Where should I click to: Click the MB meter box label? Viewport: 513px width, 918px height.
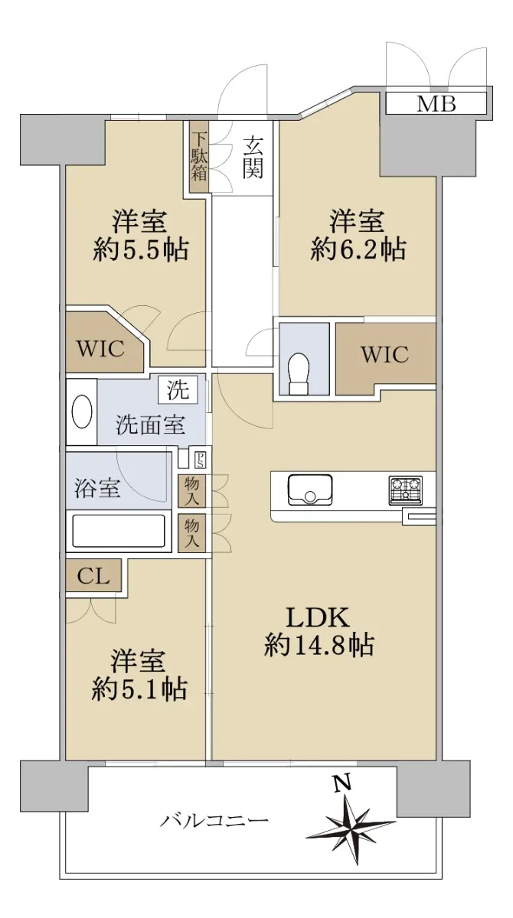point(436,104)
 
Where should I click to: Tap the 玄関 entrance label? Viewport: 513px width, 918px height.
point(253,158)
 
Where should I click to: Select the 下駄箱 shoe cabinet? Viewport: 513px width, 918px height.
point(199,157)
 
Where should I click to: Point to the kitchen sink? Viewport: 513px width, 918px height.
point(310,490)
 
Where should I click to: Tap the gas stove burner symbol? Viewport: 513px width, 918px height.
point(405,490)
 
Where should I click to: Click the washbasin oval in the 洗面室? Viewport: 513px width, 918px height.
point(82,412)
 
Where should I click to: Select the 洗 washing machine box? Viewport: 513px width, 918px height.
point(178,389)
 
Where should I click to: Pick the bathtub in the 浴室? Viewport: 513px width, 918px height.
point(119,531)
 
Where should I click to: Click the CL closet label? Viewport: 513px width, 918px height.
point(93,577)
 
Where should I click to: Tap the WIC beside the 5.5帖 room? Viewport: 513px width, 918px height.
point(101,349)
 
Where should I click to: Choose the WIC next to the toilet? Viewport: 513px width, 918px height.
point(385,354)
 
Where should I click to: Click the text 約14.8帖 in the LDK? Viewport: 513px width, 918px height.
point(319,645)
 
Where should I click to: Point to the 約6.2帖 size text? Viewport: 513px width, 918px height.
point(358,249)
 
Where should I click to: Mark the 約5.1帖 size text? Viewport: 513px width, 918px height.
point(139,688)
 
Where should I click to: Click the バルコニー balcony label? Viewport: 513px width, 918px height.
point(214,820)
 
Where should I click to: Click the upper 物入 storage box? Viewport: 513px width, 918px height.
point(191,490)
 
